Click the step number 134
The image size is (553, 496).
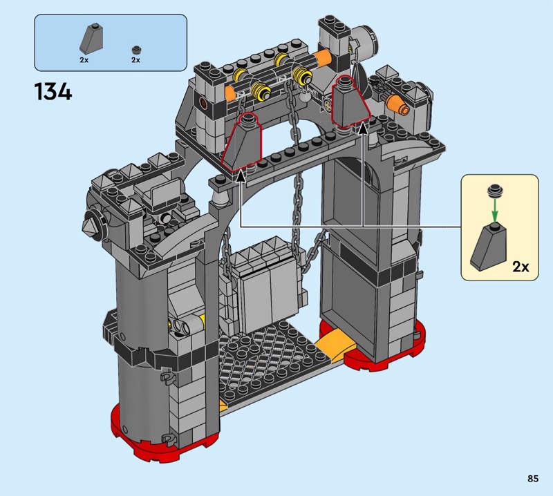point(53,92)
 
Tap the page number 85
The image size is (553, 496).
point(533,478)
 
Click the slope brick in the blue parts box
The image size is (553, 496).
point(91,39)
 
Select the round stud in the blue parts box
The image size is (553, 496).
point(135,50)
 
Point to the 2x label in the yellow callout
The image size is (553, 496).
point(521,267)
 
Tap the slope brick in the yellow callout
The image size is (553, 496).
point(489,247)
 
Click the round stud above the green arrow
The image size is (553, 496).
point(495,191)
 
